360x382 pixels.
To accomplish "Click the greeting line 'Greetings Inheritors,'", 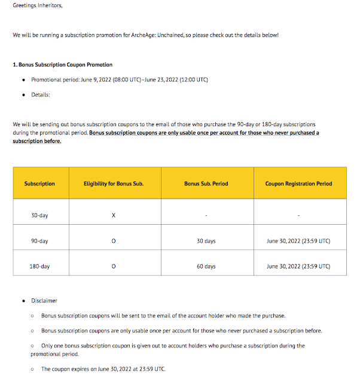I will click(37, 7).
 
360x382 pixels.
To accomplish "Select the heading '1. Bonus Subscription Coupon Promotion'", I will click(62, 65).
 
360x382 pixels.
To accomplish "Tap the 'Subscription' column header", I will click(39, 184).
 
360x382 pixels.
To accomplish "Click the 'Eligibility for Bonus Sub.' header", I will click(114, 184).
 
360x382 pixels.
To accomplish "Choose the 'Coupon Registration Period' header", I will click(298, 184).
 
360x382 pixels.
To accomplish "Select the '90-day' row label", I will click(39, 241).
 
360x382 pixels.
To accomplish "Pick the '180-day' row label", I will click(39, 266).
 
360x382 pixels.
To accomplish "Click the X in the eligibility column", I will click(114, 215).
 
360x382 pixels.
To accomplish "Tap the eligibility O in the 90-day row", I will click(114, 241).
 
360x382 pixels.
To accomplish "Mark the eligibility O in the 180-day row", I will click(114, 266).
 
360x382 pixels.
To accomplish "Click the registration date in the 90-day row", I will click(298, 241).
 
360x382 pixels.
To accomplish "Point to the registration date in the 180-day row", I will click(298, 266).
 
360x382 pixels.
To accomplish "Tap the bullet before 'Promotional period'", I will click(23, 80).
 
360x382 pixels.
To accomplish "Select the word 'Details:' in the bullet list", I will click(41, 94).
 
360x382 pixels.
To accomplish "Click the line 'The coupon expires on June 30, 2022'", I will click(103, 369).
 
